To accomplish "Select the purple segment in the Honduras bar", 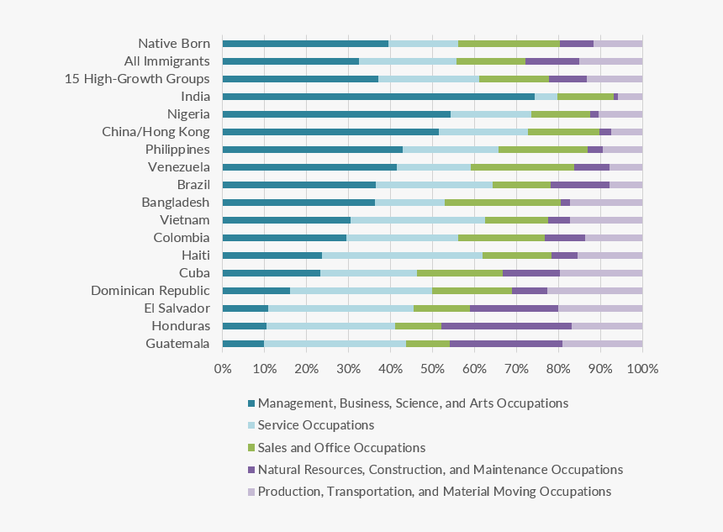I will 506,325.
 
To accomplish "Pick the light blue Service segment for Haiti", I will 402,255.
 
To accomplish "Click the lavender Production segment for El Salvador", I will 600,308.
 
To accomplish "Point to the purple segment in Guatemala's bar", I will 506,343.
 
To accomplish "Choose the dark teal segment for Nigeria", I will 336,114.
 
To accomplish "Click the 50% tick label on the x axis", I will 432,369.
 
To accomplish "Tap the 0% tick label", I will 223,369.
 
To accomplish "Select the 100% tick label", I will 642,369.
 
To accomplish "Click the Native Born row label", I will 174,43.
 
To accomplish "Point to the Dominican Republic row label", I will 150,290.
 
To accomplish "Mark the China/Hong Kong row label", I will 156,132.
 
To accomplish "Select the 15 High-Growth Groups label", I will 137,79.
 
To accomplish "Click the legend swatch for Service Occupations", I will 251,425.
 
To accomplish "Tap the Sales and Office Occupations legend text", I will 341,447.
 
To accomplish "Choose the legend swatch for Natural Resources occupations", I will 251,469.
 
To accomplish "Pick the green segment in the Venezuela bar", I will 522,166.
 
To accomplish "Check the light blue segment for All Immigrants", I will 408,61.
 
